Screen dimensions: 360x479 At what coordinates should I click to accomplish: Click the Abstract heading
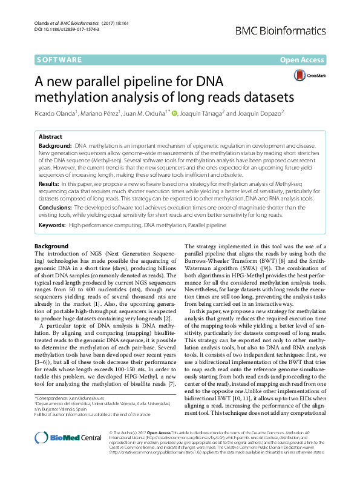click(x=50, y=137)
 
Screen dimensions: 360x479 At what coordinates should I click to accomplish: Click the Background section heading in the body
click(x=51, y=246)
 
